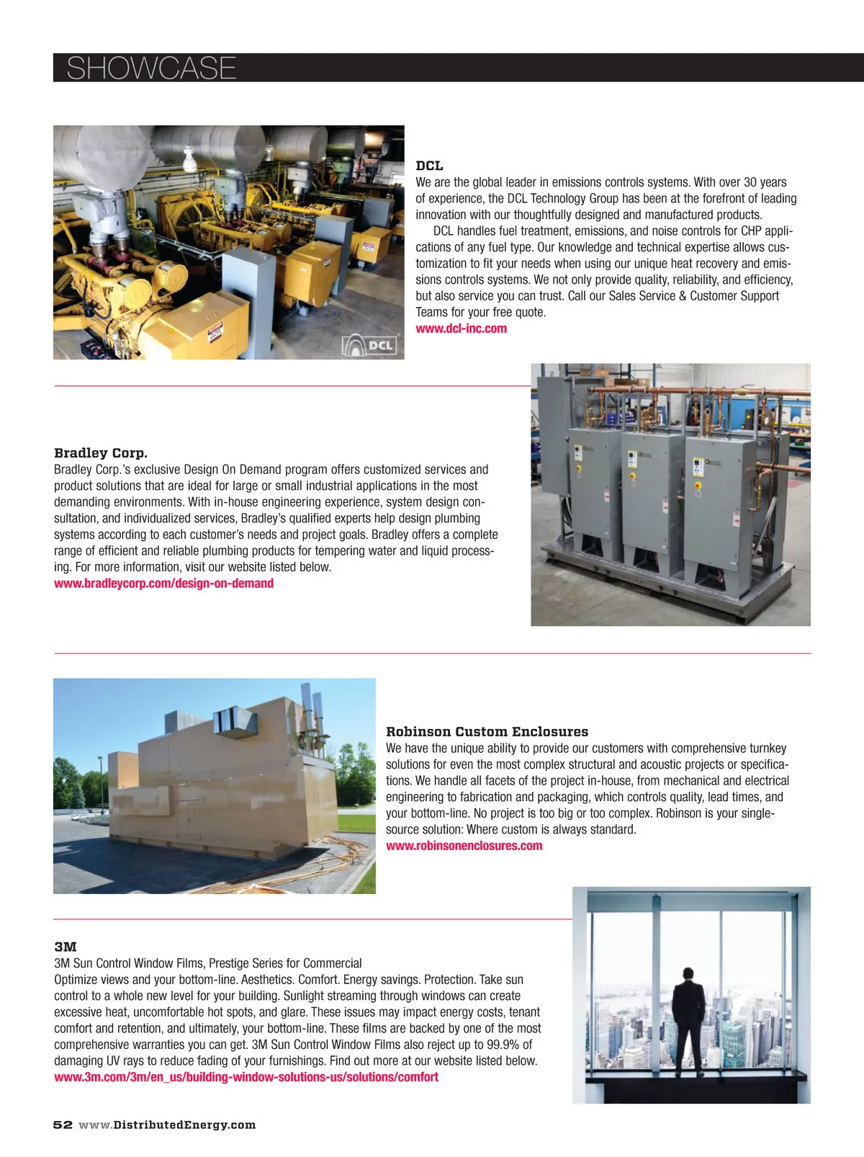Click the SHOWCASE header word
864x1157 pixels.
(151, 68)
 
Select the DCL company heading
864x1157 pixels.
(429, 166)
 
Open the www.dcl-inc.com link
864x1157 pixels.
(461, 329)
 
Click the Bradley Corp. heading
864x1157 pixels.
(101, 453)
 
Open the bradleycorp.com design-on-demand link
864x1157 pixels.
(163, 584)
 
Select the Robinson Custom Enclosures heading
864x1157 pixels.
(487, 732)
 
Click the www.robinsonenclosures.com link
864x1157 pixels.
(464, 846)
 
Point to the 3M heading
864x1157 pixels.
(66, 947)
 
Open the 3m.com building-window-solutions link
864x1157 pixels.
(246, 1077)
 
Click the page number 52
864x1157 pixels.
(63, 1125)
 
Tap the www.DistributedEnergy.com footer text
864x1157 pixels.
(167, 1125)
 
